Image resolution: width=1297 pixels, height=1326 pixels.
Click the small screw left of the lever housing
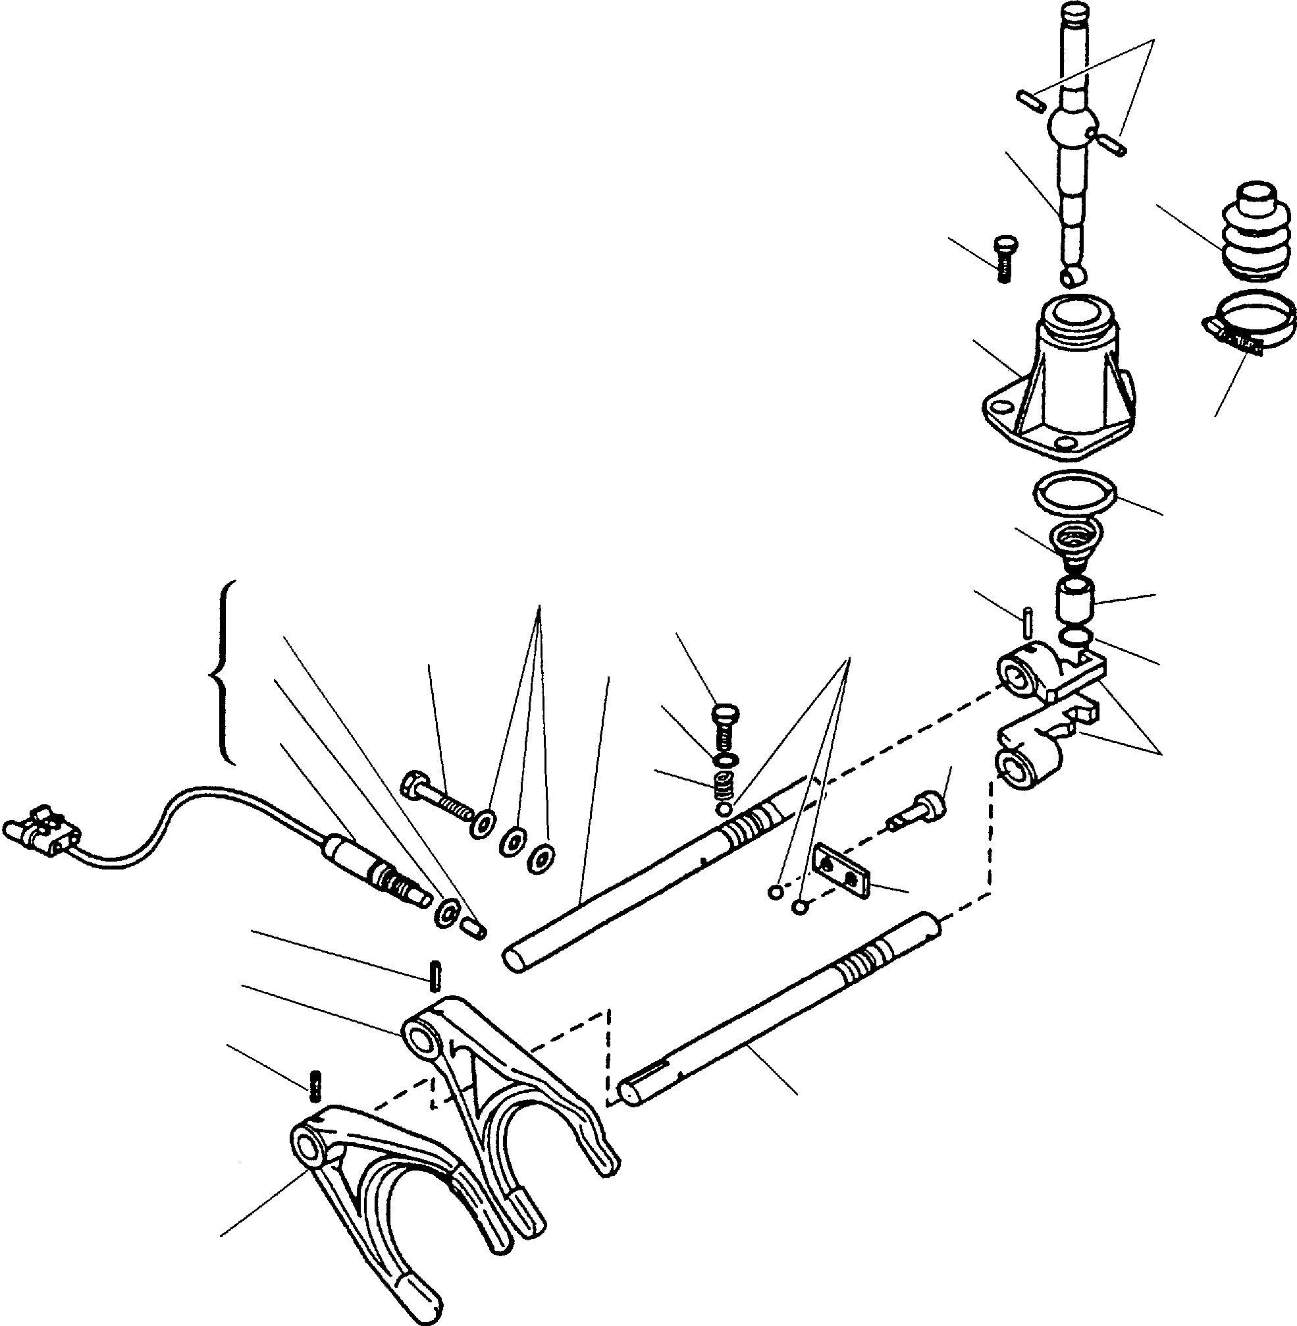point(1003,259)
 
